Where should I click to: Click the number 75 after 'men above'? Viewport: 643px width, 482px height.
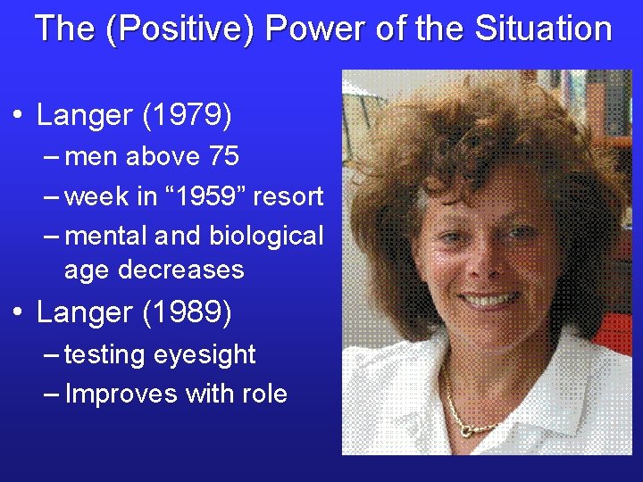pyautogui.click(x=222, y=157)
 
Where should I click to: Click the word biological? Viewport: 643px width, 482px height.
pyautogui.click(x=266, y=237)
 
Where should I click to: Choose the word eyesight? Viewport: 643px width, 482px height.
pyautogui.click(x=205, y=355)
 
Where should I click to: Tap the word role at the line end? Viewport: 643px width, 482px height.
pyautogui.click(x=265, y=394)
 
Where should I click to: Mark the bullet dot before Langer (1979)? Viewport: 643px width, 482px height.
pyautogui.click(x=17, y=116)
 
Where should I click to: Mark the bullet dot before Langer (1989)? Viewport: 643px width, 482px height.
pyautogui.click(x=17, y=313)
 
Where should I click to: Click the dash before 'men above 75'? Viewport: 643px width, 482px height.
pyautogui.click(x=52, y=157)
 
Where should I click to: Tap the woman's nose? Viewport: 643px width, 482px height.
pyautogui.click(x=487, y=262)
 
